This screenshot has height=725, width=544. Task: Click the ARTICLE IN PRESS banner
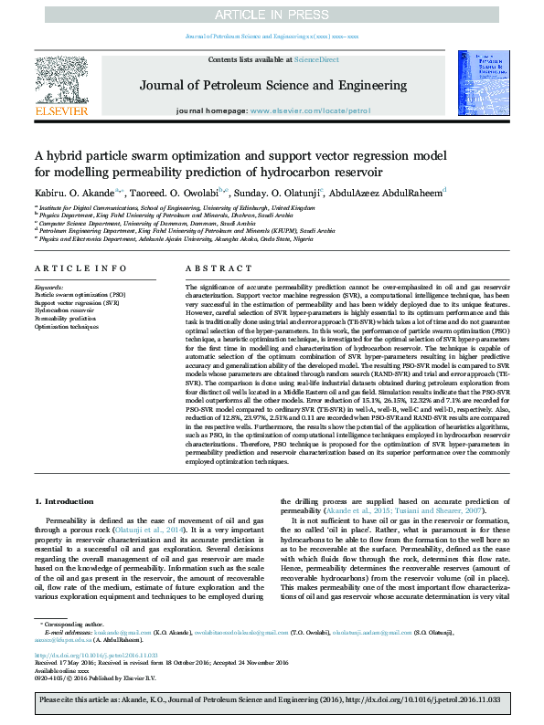pyautogui.click(x=272, y=15)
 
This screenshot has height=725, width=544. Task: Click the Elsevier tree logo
pyautogui.click(x=60, y=85)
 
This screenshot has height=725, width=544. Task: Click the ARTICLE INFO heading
pyautogui.click(x=81, y=268)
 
